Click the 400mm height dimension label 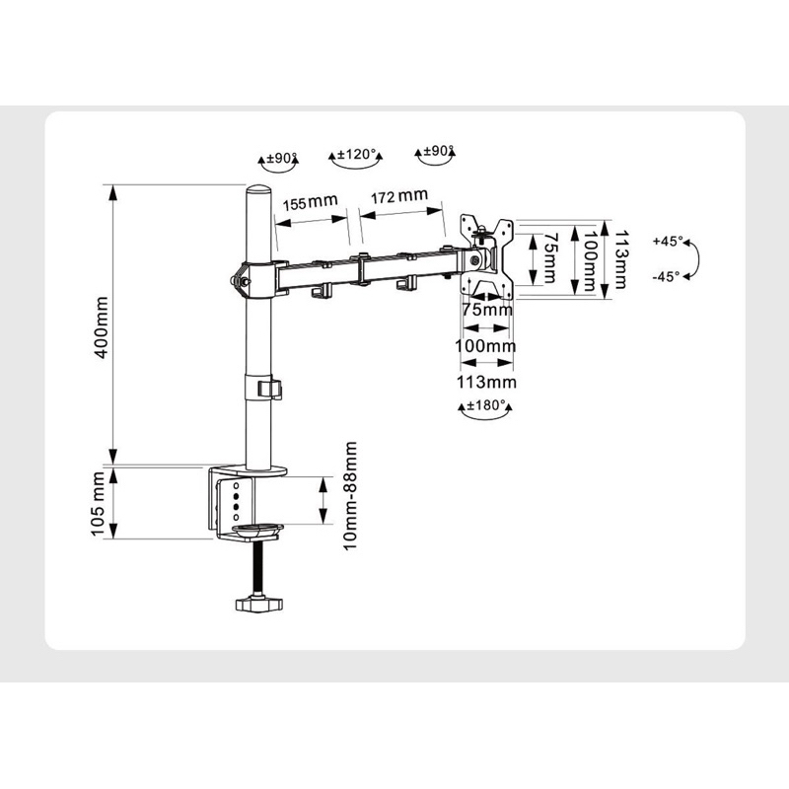[102, 327]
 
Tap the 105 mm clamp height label [98, 504]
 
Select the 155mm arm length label [310, 203]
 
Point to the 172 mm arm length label [399, 195]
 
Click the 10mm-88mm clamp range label [350, 496]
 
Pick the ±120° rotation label [356, 154]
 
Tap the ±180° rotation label [485, 405]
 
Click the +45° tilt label [668, 241]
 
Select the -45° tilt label [667, 276]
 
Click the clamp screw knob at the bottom [259, 604]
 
